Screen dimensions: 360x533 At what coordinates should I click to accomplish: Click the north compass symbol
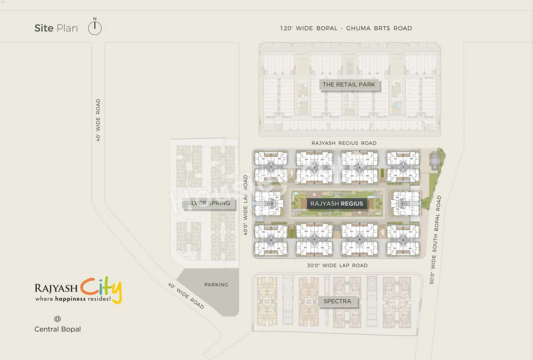pyautogui.click(x=95, y=27)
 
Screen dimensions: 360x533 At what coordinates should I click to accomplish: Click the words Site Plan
pyautogui.click(x=56, y=28)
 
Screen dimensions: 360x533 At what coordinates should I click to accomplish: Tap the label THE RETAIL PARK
pyautogui.click(x=349, y=84)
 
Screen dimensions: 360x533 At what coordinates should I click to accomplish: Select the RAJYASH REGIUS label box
pyautogui.click(x=337, y=204)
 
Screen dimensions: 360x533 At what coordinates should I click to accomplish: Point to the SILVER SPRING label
pyautogui.click(x=208, y=203)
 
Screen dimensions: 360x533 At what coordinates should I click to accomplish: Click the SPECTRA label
pyautogui.click(x=337, y=301)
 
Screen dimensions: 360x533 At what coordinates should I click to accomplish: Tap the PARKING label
pyautogui.click(x=216, y=285)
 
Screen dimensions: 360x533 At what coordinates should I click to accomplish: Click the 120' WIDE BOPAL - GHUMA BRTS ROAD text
pyautogui.click(x=346, y=28)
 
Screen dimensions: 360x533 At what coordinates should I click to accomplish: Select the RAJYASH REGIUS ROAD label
pyautogui.click(x=344, y=143)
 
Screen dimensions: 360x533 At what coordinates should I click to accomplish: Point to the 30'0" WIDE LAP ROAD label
pyautogui.click(x=337, y=266)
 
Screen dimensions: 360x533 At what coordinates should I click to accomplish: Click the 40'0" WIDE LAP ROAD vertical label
pyautogui.click(x=246, y=205)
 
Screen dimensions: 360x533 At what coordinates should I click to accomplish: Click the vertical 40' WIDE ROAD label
pyautogui.click(x=98, y=120)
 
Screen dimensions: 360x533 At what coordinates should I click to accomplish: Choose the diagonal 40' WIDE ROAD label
pyautogui.click(x=186, y=296)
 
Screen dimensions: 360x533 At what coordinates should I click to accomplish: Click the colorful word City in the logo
pyautogui.click(x=101, y=288)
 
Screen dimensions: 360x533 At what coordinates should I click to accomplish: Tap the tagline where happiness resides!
pyautogui.click(x=73, y=299)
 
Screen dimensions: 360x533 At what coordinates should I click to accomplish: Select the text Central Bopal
pyautogui.click(x=57, y=329)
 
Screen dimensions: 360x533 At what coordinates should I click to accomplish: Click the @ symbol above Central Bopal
pyautogui.click(x=57, y=319)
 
